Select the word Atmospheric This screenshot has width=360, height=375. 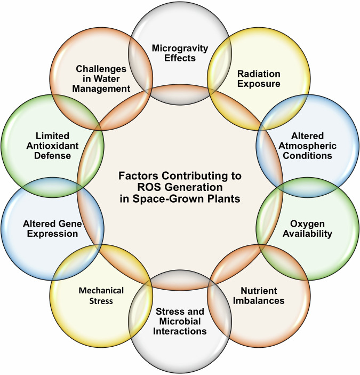click(308, 146)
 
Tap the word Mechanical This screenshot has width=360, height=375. click(101, 291)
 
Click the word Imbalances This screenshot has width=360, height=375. click(259, 300)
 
